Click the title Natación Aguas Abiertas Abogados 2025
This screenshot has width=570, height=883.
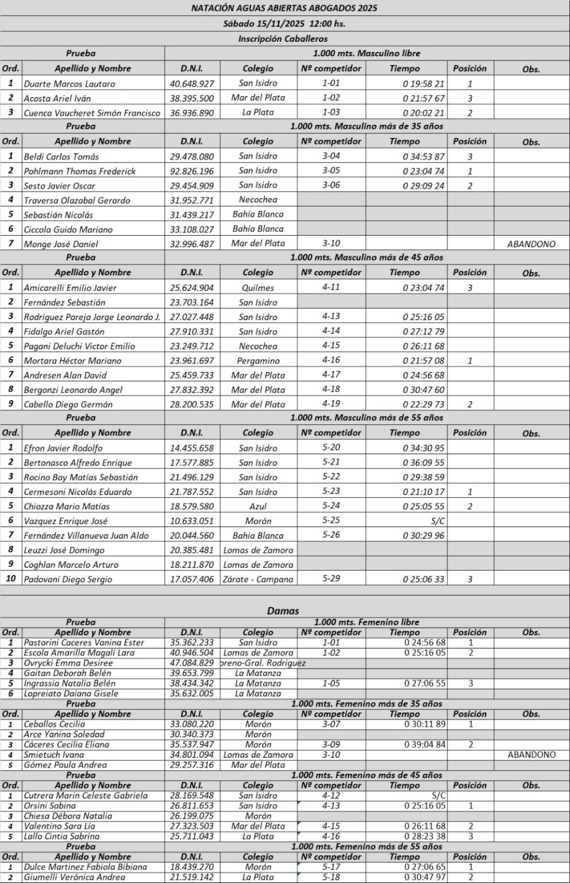[284, 8]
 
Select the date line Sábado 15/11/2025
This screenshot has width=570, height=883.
[284, 24]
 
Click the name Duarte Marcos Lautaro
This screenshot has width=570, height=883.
[69, 84]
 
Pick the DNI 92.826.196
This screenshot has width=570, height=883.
[192, 171]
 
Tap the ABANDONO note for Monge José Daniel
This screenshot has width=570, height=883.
[531, 244]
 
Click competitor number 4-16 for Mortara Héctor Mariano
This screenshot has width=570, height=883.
[331, 360]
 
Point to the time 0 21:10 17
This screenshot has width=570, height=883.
[423, 492]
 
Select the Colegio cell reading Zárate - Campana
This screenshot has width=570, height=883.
[258, 579]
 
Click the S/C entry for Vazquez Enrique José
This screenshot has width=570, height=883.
[437, 521]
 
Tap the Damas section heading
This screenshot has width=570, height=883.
[283, 611]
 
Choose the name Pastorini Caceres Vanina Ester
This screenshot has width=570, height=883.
[84, 643]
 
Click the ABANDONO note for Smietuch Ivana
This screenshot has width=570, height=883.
[531, 755]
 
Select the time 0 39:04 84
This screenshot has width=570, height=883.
[425, 744]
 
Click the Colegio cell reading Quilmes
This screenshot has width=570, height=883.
[258, 287]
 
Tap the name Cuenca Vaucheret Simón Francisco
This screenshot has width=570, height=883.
[92, 113]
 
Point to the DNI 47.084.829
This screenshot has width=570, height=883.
[192, 663]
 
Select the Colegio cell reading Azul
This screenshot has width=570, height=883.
[258, 506]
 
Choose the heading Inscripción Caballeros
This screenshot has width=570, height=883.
[283, 39]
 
